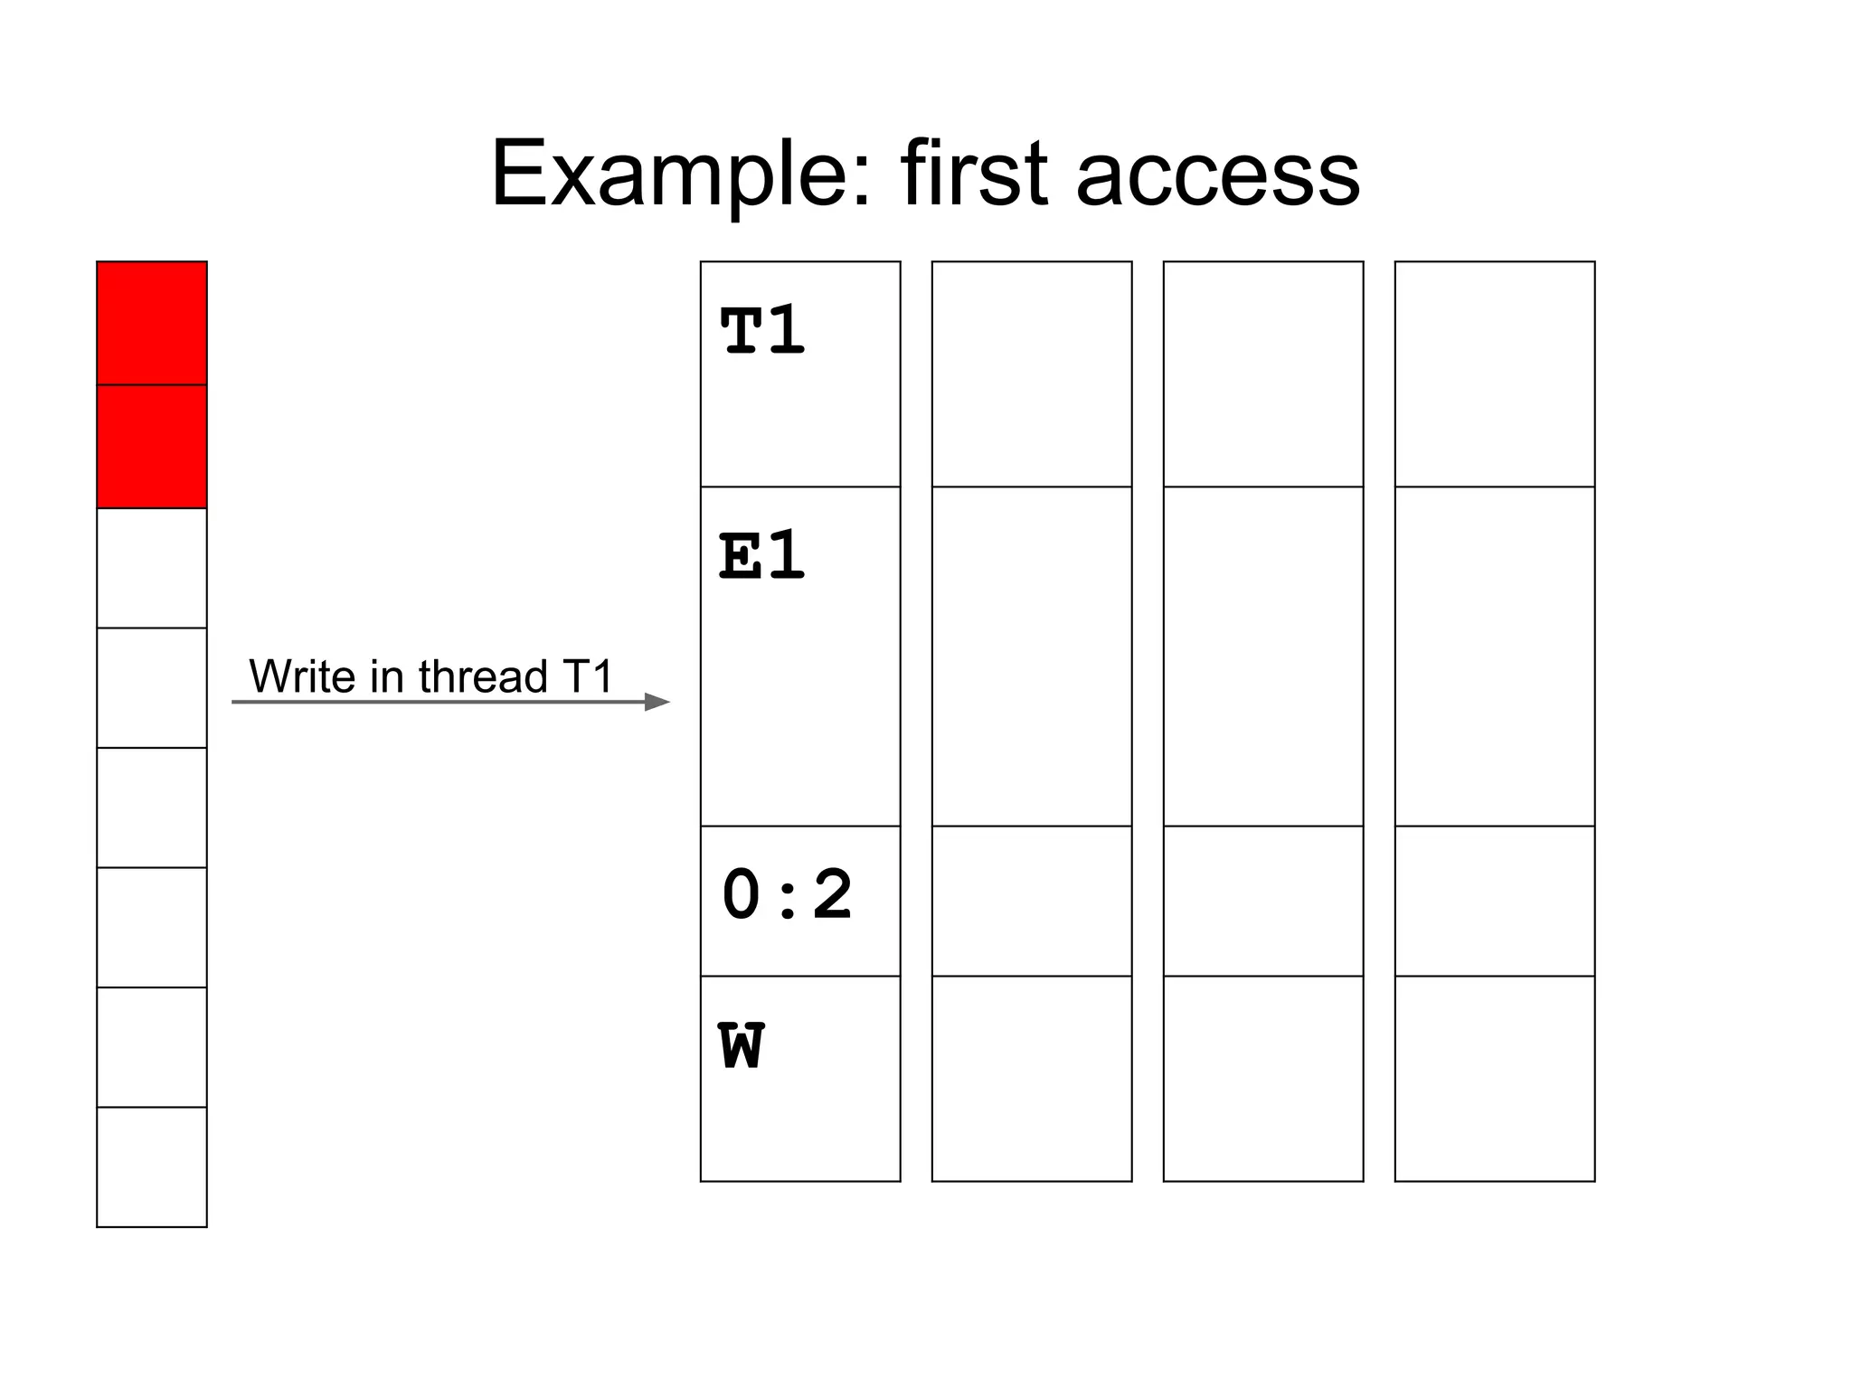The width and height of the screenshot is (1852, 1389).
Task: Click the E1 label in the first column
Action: pyautogui.click(x=761, y=555)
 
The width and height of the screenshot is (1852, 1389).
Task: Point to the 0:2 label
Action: pyautogui.click(x=787, y=895)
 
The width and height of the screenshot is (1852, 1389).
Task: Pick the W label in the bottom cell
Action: pyautogui.click(x=742, y=1046)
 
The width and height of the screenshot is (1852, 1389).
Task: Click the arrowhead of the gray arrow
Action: pyautogui.click(x=657, y=702)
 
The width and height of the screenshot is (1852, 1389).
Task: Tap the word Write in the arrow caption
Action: pyautogui.click(x=302, y=676)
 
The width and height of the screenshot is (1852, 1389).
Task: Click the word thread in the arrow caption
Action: pyautogui.click(x=483, y=676)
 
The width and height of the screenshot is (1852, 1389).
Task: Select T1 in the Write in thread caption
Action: pyautogui.click(x=587, y=676)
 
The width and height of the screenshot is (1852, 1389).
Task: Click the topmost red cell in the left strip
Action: pyautogui.click(x=152, y=323)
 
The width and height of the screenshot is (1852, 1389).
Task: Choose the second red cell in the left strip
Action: pyautogui.click(x=152, y=446)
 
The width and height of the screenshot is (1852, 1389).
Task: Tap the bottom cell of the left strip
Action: pyautogui.click(x=152, y=1167)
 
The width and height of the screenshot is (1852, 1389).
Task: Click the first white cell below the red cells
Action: pyautogui.click(x=152, y=568)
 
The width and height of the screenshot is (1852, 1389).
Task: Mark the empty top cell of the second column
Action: pyautogui.click(x=1032, y=373)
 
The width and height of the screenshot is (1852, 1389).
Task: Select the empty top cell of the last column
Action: pyautogui.click(x=1495, y=373)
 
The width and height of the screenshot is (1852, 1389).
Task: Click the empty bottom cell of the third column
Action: pyautogui.click(x=1263, y=1078)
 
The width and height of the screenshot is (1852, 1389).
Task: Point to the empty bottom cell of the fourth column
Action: pyautogui.click(x=1495, y=1078)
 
